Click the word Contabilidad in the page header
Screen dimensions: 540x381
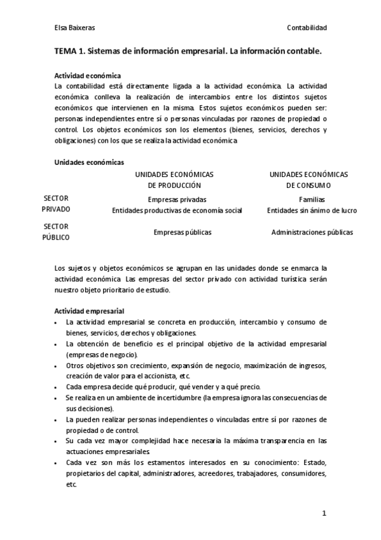[307, 27]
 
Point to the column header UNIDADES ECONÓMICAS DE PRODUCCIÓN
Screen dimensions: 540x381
[174, 180]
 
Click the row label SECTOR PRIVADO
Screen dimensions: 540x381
[56, 203]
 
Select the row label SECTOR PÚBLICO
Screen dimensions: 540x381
[56, 232]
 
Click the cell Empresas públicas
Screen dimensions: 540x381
[183, 232]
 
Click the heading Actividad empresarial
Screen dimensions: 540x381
[89, 311]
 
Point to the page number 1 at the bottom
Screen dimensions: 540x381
[324, 513]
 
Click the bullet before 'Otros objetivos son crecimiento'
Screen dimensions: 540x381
[57, 366]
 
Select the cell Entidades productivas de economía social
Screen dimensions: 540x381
[177, 210]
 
